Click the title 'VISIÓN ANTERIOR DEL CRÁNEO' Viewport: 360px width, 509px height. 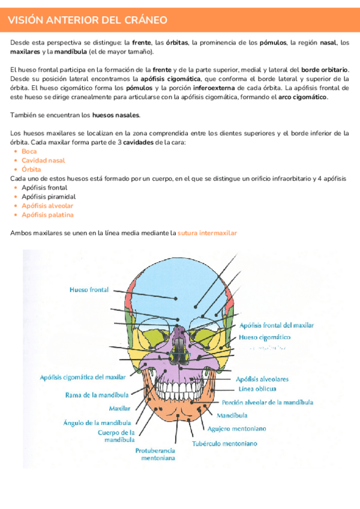[88, 20]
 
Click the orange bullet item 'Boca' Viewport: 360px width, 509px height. [29, 151]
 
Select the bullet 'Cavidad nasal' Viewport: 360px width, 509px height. [43, 160]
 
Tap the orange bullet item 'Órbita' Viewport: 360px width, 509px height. [31, 169]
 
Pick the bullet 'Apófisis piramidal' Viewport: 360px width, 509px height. [49, 196]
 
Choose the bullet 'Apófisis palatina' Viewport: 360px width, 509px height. [47, 214]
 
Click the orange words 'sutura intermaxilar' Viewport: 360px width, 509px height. [207, 232]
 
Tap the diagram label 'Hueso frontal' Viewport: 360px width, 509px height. [89, 290]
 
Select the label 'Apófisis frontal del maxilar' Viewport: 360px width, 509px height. [277, 325]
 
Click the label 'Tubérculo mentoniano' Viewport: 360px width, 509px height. [224, 444]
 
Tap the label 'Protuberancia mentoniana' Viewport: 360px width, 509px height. [155, 454]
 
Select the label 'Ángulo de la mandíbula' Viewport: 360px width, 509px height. [97, 423]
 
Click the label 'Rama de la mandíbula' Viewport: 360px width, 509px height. [97, 395]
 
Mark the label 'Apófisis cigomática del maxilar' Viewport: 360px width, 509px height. [83, 377]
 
